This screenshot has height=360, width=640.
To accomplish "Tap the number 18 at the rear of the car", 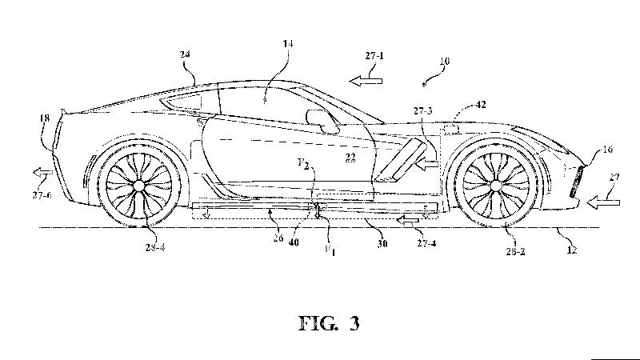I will pyautogui.click(x=43, y=118).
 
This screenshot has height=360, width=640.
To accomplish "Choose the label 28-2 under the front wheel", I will pyautogui.click(x=514, y=247).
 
